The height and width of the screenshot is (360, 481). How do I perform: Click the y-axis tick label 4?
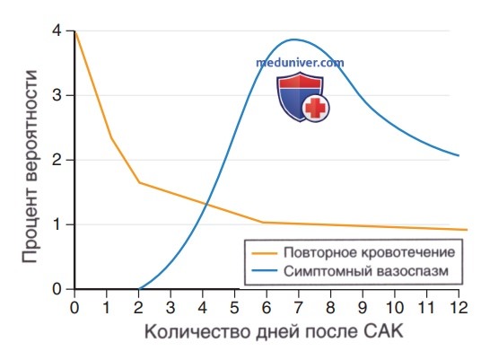click(x=57, y=31)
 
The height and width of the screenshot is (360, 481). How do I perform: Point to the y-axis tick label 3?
click(x=57, y=95)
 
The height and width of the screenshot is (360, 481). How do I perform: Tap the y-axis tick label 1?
click(x=57, y=224)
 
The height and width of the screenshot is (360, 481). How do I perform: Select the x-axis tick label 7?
click(x=298, y=307)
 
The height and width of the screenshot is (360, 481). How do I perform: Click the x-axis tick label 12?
click(x=458, y=307)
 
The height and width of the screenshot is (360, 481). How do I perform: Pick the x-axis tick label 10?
click(x=394, y=307)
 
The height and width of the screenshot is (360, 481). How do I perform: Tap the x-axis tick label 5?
click(x=234, y=307)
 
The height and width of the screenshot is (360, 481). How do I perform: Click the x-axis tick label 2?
click(x=138, y=307)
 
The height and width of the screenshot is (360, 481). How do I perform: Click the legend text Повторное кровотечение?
click(x=369, y=252)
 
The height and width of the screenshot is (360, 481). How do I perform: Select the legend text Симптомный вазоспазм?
click(x=366, y=271)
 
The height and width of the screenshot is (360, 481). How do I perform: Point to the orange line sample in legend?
click(x=264, y=253)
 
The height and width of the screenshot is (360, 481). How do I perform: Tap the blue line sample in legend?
click(x=264, y=270)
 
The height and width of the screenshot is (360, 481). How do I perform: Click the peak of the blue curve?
click(x=294, y=40)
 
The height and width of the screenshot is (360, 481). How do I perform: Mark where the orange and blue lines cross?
click(x=206, y=204)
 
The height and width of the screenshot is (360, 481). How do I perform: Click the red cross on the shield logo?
click(x=316, y=108)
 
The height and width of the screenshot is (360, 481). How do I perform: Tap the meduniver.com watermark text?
click(x=300, y=63)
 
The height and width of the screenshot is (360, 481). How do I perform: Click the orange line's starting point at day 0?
click(x=75, y=31)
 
